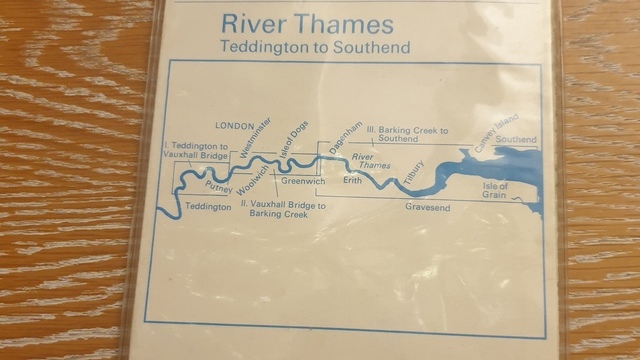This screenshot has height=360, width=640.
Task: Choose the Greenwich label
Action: (303, 182)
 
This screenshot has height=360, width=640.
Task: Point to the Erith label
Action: (352, 181)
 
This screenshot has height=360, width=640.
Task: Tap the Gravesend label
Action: (427, 207)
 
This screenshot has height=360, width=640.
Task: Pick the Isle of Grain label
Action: (495, 189)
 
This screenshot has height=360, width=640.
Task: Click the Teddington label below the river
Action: (209, 207)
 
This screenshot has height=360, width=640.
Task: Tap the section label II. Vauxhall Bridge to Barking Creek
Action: (282, 208)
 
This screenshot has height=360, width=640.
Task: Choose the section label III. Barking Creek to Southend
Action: (406, 134)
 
